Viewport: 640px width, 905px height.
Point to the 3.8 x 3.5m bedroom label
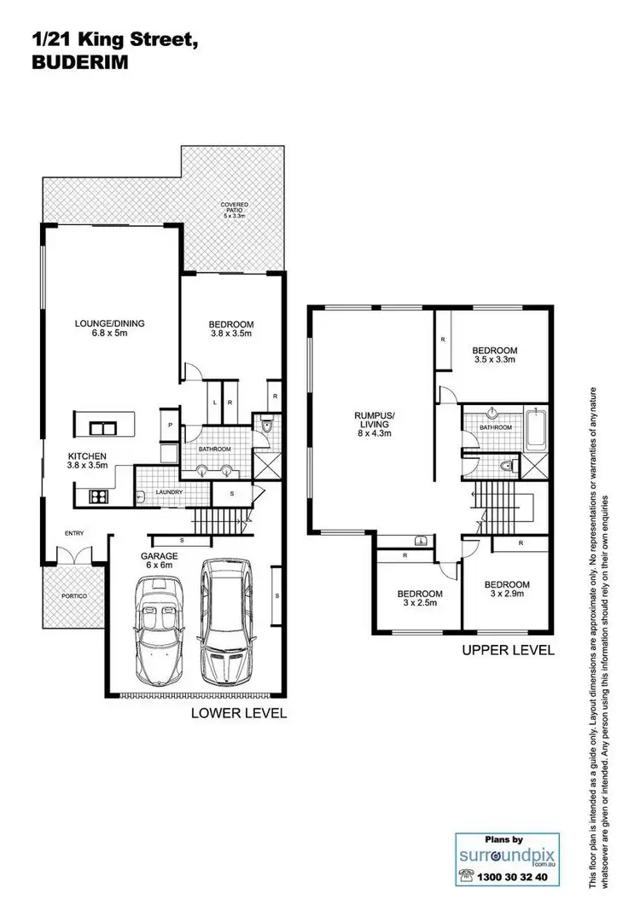pyautogui.click(x=231, y=329)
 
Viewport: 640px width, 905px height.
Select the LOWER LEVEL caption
pyautogui.click(x=240, y=713)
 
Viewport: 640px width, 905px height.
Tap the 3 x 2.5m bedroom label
pyautogui.click(x=418, y=599)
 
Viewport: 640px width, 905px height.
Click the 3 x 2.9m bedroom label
pyautogui.click(x=507, y=590)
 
